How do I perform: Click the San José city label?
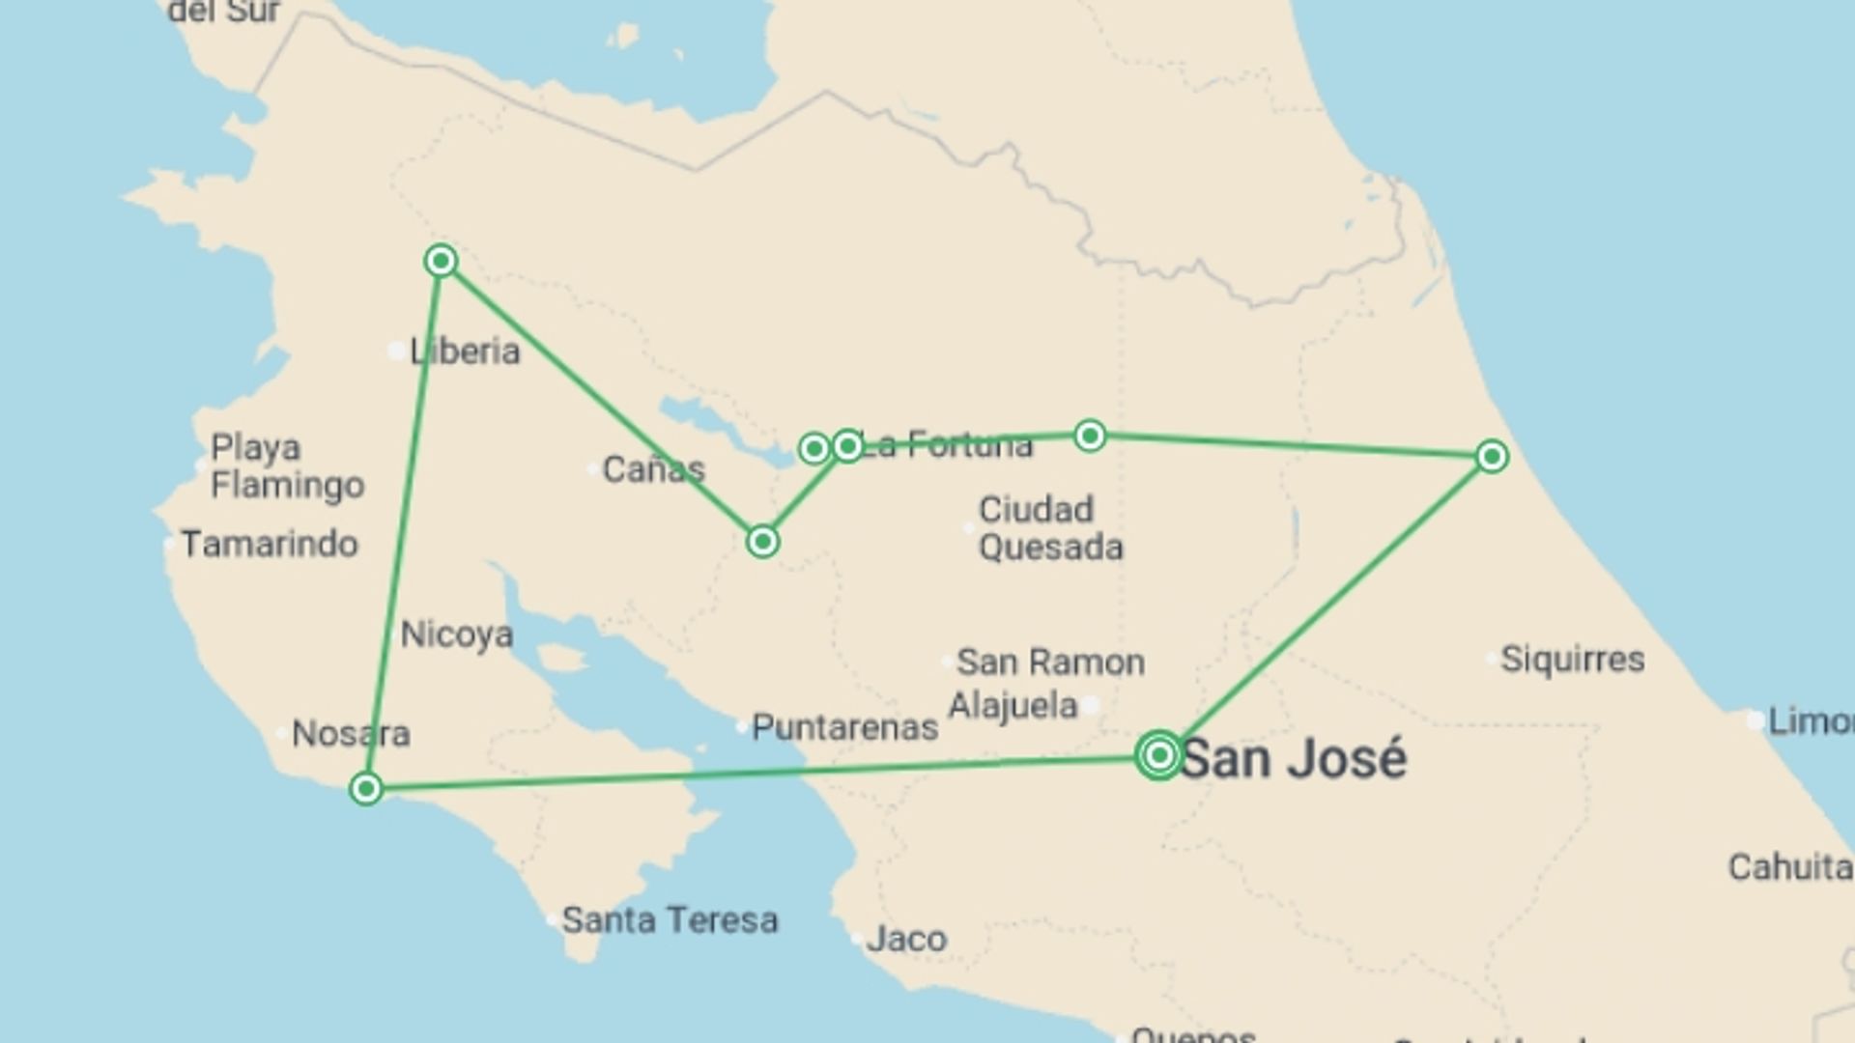click(x=1293, y=759)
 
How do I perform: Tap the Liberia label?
click(x=465, y=352)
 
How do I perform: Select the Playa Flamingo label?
click(x=287, y=465)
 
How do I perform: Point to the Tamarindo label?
click(x=270, y=545)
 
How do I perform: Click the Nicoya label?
click(x=456, y=634)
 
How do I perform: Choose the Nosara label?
click(x=351, y=734)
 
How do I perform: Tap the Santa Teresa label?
click(x=670, y=920)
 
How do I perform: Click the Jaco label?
click(x=906, y=939)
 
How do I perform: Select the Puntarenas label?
click(x=844, y=727)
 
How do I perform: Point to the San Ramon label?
click(x=1050, y=662)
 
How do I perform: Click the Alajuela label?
click(x=1013, y=706)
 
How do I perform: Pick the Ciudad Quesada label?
click(x=1050, y=528)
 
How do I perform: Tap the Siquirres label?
click(x=1572, y=660)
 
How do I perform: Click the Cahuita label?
click(x=1789, y=867)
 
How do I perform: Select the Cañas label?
click(x=653, y=469)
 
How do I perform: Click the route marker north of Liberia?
click(x=441, y=261)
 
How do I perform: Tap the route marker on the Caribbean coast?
click(x=1492, y=457)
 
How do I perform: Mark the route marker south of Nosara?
click(x=366, y=790)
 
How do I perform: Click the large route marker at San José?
click(x=1158, y=755)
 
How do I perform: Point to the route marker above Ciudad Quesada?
click(x=1090, y=436)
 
